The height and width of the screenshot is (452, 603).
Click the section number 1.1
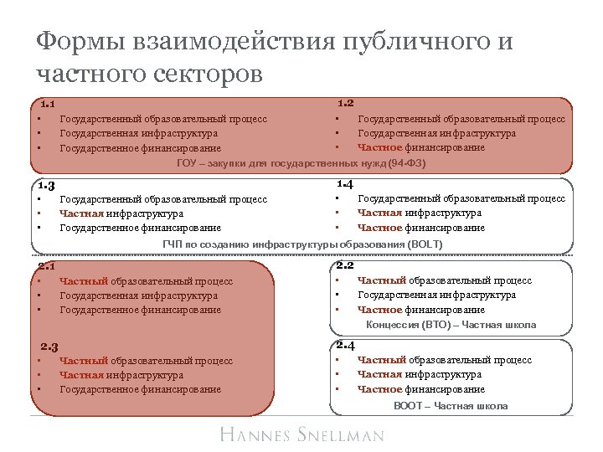[x=47, y=105]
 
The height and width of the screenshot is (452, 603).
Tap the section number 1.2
[x=345, y=103]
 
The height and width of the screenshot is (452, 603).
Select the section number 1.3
[x=47, y=186]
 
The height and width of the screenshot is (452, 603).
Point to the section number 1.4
[x=344, y=183]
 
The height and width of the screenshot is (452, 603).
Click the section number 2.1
[x=47, y=266]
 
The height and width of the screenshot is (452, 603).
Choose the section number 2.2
[x=344, y=265]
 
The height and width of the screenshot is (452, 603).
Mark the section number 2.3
[x=49, y=347]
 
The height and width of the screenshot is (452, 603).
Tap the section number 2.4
[x=344, y=345]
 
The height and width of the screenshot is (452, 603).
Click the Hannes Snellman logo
[x=301, y=434]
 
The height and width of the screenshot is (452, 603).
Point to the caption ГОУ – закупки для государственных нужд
[x=301, y=162]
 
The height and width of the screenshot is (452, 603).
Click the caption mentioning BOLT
[x=301, y=244]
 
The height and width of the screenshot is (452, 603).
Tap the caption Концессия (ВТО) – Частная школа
[x=451, y=324]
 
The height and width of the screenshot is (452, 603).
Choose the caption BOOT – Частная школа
[x=451, y=405]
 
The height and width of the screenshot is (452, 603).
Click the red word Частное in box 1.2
[x=380, y=147]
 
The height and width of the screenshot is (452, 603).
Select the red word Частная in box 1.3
[x=81, y=213]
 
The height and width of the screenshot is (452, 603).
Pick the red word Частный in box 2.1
[x=82, y=281]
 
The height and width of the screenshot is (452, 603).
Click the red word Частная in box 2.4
[x=379, y=375]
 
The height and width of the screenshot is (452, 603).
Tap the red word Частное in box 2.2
[x=380, y=310]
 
